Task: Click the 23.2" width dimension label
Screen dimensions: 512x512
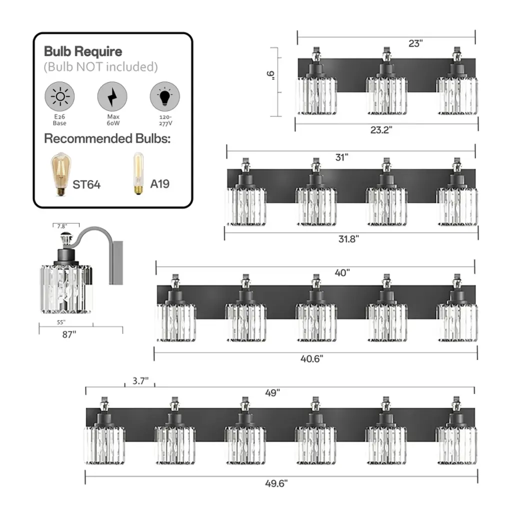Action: click(x=381, y=130)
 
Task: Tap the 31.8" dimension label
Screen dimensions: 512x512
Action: click(x=348, y=239)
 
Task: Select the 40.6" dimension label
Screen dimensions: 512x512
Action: click(x=312, y=359)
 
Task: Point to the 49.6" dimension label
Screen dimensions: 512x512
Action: click(x=276, y=483)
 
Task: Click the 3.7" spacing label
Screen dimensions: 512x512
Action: click(x=140, y=380)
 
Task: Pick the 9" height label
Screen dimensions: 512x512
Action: click(x=270, y=75)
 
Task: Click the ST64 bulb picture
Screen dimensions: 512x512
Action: click(x=60, y=174)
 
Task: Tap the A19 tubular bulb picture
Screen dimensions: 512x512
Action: click(x=138, y=173)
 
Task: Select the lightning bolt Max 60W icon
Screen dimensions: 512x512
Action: click(x=112, y=96)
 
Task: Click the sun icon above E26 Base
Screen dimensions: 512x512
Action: click(x=60, y=96)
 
